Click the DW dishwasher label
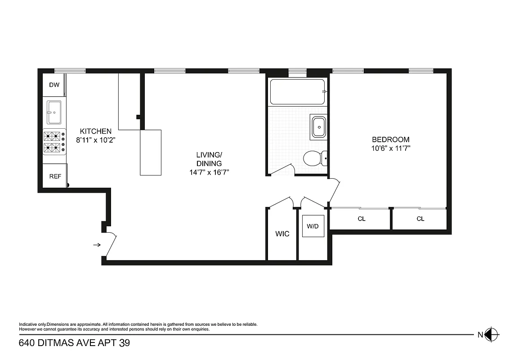pyautogui.click(x=54, y=84)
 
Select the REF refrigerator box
pyautogui.click(x=55, y=176)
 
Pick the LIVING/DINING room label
pyautogui.click(x=209, y=159)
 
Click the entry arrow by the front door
pyautogui.click(x=97, y=245)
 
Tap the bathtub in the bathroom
pyautogui.click(x=297, y=92)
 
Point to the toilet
pyautogui.click(x=314, y=158)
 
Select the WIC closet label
pyautogui.click(x=282, y=234)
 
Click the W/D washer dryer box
pyautogui.click(x=313, y=226)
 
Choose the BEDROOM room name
pyautogui.click(x=390, y=139)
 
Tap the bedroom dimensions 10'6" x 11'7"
pyautogui.click(x=390, y=148)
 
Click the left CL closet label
pyautogui.click(x=362, y=219)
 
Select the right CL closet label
pyautogui.click(x=420, y=219)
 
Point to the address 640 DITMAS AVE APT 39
pyautogui.click(x=74, y=343)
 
